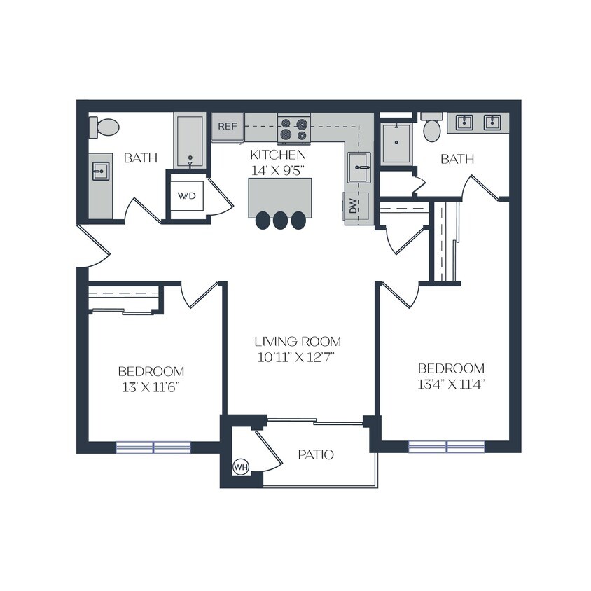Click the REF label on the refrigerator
[x=227, y=127]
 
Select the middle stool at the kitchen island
[x=281, y=220]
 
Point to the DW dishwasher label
[x=354, y=206]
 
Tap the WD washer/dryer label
[x=186, y=195]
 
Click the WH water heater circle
[x=239, y=467]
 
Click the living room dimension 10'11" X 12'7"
[x=297, y=356]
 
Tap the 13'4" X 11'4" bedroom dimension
[x=451, y=383]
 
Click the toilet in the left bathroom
[x=105, y=127]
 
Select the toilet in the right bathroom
[x=431, y=128]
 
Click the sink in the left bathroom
[x=101, y=170]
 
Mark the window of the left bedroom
[x=153, y=447]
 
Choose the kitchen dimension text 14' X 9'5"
[x=278, y=169]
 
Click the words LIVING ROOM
[x=297, y=342]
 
